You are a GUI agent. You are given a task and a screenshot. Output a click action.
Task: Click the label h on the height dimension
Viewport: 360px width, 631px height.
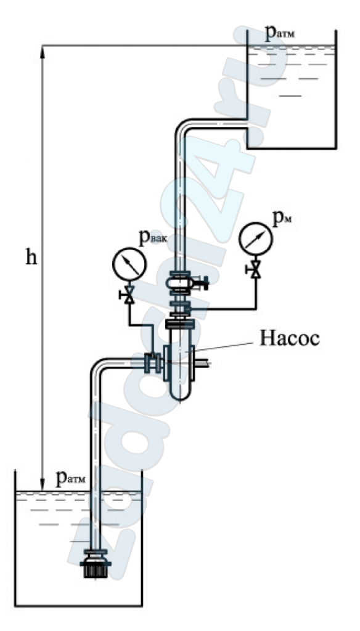pyautogui.click(x=31, y=257)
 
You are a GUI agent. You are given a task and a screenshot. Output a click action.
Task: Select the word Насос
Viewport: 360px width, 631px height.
pyautogui.click(x=290, y=338)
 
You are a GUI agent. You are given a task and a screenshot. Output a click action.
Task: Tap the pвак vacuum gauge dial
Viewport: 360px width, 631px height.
pyautogui.click(x=129, y=264)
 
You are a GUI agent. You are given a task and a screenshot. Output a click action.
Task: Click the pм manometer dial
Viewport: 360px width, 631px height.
pyautogui.click(x=256, y=238)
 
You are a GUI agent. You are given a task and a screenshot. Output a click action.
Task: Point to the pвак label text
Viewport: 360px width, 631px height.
pyautogui.click(x=152, y=238)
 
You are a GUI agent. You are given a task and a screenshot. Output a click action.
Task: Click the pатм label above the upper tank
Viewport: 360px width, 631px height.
pyautogui.click(x=280, y=33)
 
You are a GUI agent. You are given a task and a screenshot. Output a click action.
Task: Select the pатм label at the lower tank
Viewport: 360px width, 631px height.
pyautogui.click(x=71, y=478)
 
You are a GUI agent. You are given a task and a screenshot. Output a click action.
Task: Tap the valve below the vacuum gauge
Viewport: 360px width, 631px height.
pyautogui.click(x=128, y=295)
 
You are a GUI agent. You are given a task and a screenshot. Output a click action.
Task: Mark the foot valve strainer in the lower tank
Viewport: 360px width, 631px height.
pyautogui.click(x=96, y=564)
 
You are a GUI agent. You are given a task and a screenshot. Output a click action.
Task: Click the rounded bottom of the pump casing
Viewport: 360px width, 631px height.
pyautogui.click(x=179, y=393)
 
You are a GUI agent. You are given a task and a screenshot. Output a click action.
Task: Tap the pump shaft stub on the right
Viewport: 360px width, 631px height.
pyautogui.click(x=203, y=364)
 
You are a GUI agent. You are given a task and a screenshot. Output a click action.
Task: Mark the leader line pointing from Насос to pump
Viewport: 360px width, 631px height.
pyautogui.click(x=225, y=347)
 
